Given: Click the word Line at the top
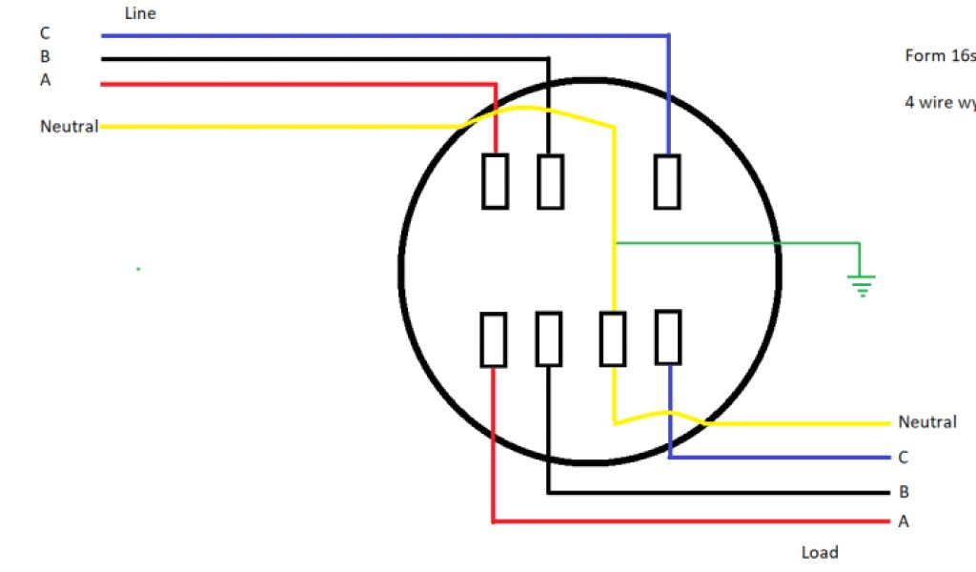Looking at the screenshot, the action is pos(140,13).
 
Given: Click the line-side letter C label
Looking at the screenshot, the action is pos(45,34).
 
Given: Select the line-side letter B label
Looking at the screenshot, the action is pos(45,56).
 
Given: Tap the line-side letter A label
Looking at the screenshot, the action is pos(45,80).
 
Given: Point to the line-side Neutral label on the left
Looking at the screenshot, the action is pos(69,126).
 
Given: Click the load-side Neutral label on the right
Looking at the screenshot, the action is pos(926,422).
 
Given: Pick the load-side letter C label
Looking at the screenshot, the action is pos(903,458).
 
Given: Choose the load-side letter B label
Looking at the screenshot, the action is pos(903,492).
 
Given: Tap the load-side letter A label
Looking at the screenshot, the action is pos(903,521).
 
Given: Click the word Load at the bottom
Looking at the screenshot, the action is pos(820,553).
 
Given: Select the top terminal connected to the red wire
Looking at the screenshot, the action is pos(495,180).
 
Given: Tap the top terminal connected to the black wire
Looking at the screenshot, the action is pos(550,180).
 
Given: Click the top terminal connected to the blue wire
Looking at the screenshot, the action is pos(667,180).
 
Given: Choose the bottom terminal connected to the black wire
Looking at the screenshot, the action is pos(548,338).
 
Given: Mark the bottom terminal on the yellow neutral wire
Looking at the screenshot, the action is pos(613,338).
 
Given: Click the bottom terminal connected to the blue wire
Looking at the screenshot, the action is pos(668,337).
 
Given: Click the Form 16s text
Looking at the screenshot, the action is pos(939,56).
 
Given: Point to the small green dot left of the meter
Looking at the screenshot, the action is pos(138,269).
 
